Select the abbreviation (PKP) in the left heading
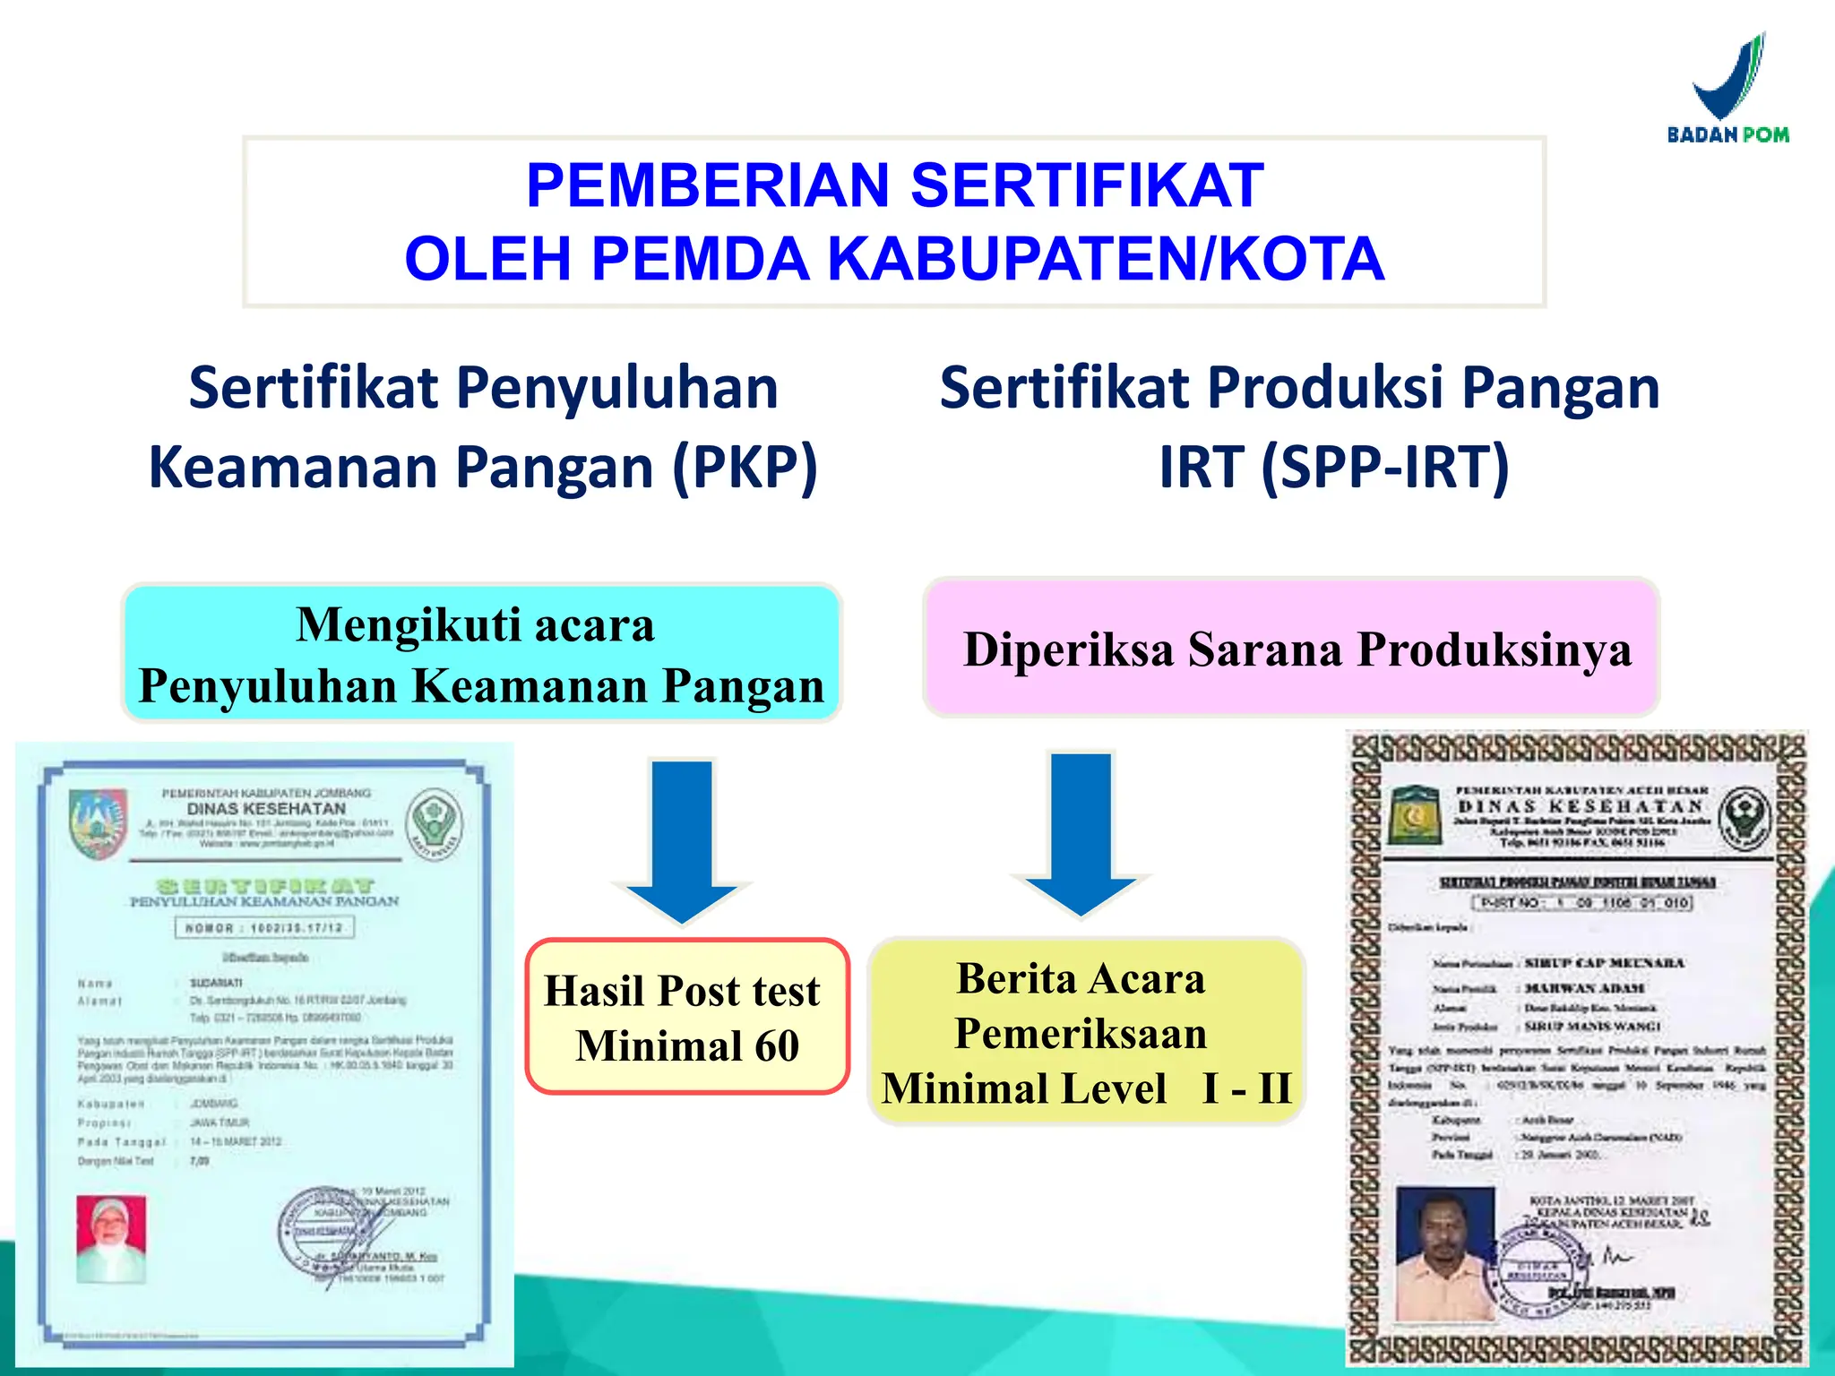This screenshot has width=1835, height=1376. pos(745,467)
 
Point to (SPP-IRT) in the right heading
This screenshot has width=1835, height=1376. pos(1385,467)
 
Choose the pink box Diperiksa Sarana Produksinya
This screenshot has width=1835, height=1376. pos(1292,648)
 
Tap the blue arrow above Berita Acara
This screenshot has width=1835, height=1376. pos(1081,833)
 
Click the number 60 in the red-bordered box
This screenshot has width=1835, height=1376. pos(776,1045)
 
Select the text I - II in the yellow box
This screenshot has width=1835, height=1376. pos(1246,1088)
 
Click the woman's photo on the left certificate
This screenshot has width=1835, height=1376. pos(111,1238)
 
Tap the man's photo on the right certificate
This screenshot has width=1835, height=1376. pos(1444,1252)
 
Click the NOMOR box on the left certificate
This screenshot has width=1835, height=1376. pos(264,927)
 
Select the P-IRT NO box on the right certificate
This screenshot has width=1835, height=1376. pos(1582,902)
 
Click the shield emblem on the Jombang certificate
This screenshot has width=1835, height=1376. pos(98,821)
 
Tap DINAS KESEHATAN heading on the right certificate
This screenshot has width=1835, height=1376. pos(1581,806)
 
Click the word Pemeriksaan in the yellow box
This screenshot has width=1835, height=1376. pos(1081,1034)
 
